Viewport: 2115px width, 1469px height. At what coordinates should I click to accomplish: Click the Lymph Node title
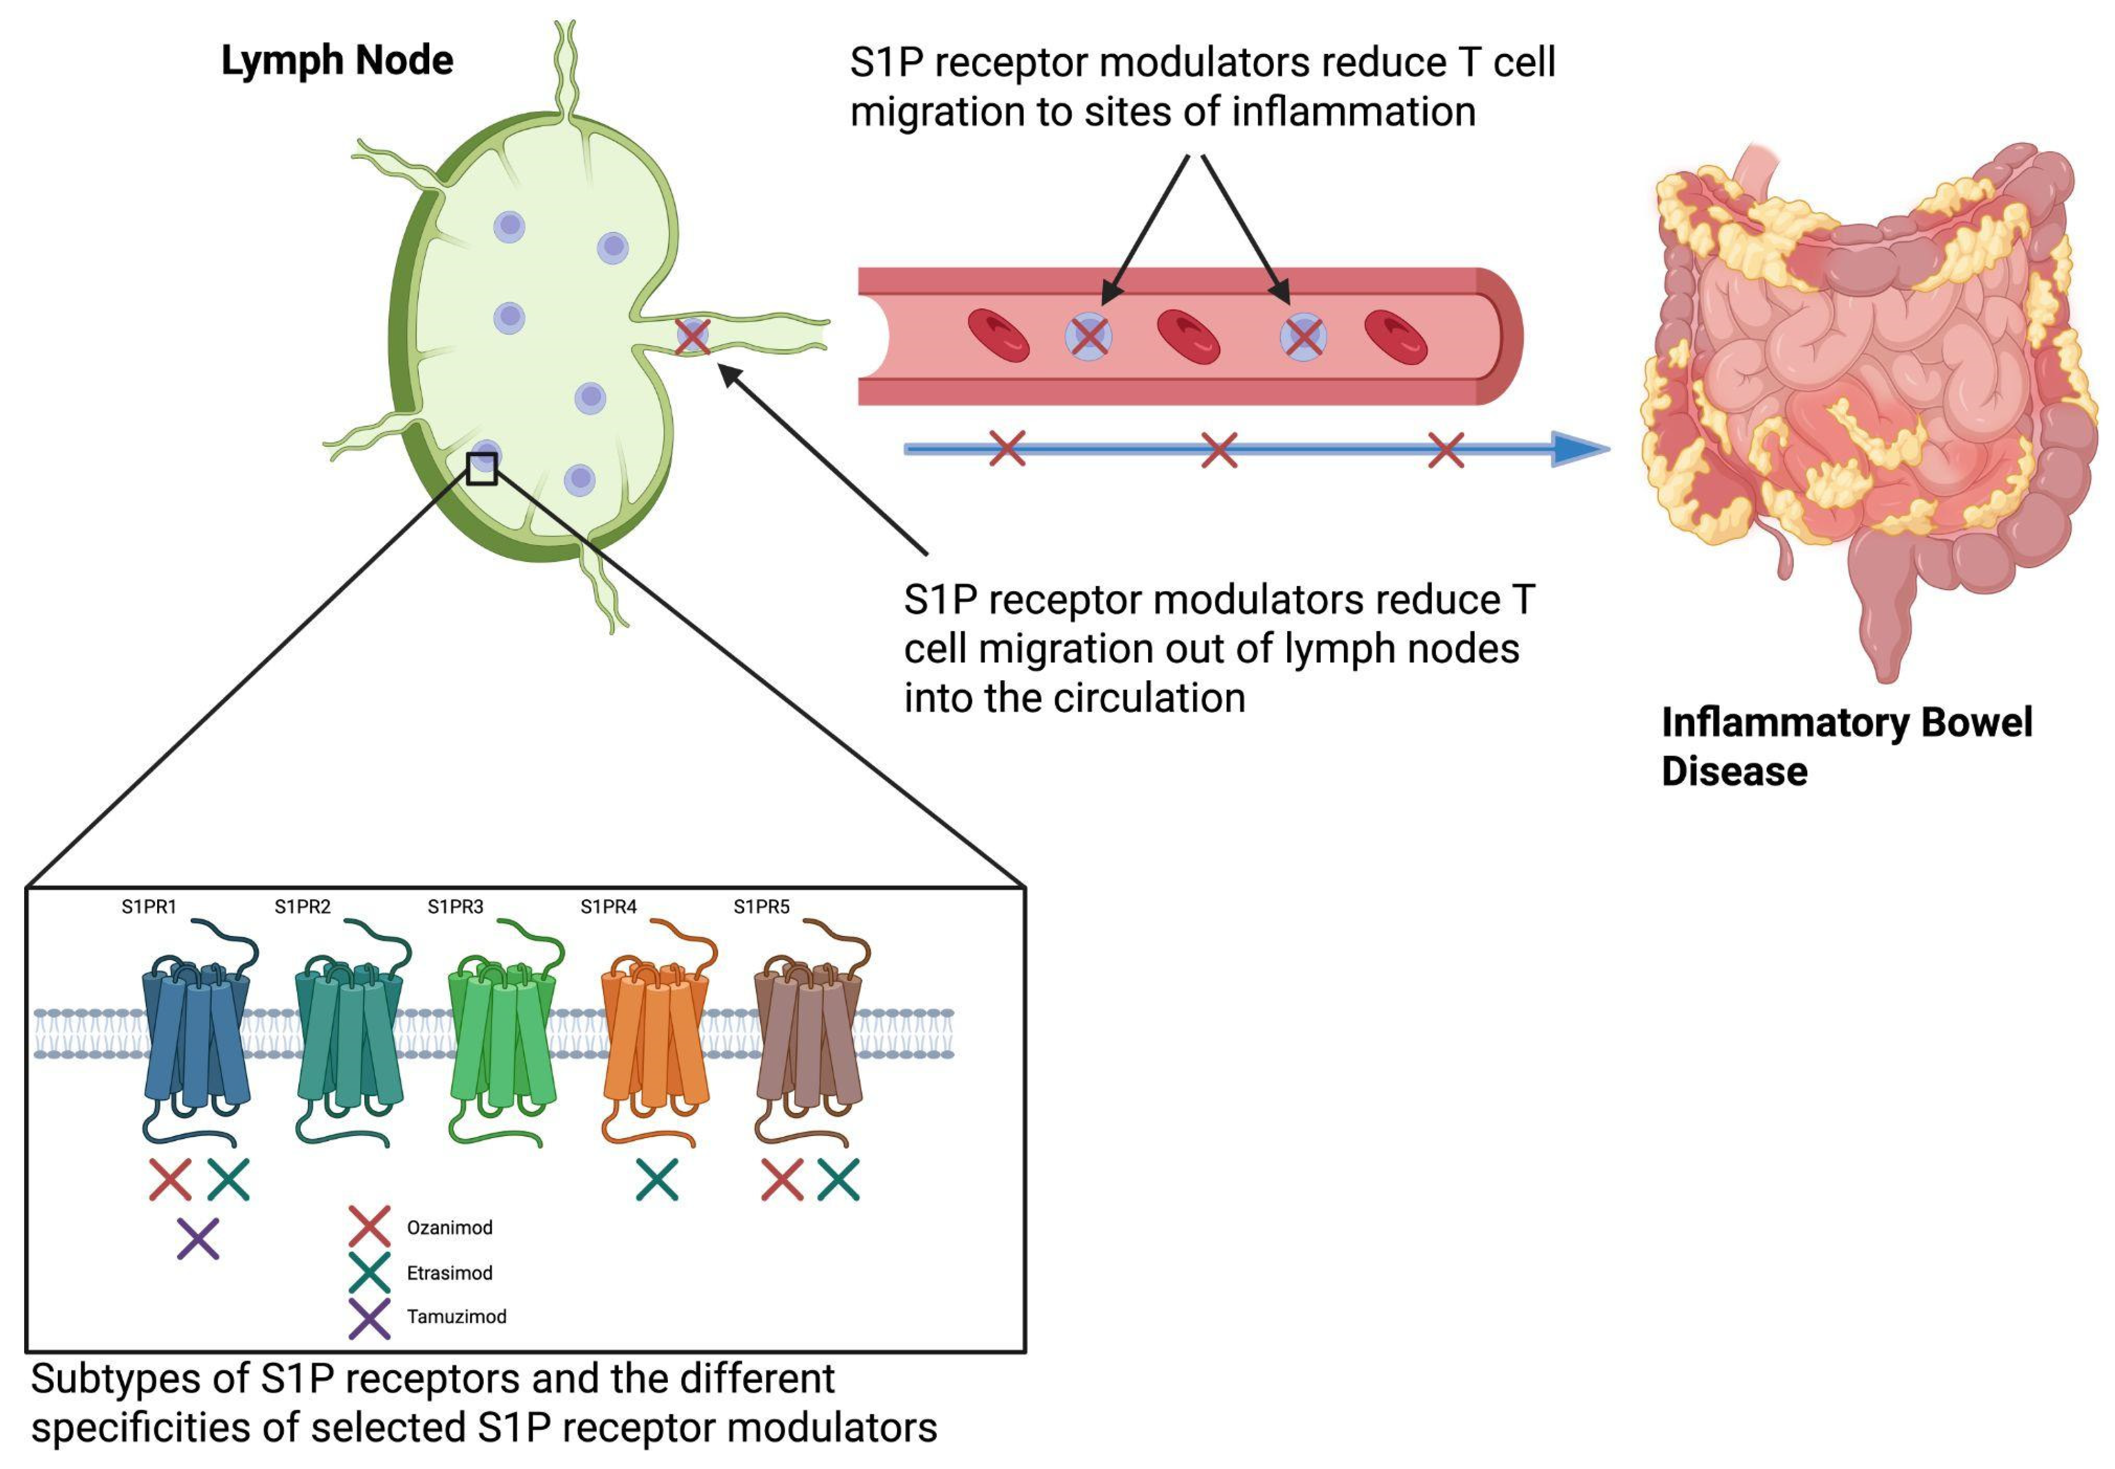(337, 61)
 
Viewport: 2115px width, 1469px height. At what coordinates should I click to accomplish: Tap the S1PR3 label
(455, 907)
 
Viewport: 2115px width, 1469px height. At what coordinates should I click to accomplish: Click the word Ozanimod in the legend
(449, 1228)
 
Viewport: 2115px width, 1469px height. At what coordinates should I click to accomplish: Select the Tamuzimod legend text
(457, 1317)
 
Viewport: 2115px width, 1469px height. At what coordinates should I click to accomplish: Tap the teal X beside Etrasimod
(369, 1272)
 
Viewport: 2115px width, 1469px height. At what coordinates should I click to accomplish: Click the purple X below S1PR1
(198, 1239)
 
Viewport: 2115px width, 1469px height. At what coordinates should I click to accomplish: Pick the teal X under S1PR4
(657, 1180)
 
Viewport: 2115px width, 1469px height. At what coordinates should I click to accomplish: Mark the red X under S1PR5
(782, 1180)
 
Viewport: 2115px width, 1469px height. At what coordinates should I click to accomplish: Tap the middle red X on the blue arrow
(1220, 450)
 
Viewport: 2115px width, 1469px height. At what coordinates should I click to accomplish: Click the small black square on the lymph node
(481, 468)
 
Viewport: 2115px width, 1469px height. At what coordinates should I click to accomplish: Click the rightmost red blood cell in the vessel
(1396, 337)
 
